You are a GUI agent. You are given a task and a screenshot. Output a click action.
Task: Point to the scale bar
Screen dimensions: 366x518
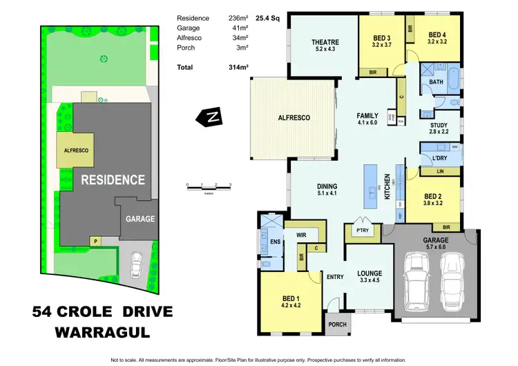[x=208, y=186]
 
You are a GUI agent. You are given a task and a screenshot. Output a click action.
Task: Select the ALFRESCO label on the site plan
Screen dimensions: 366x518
[x=71, y=150]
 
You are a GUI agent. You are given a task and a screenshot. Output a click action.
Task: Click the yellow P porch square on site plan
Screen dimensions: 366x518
[x=96, y=240]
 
